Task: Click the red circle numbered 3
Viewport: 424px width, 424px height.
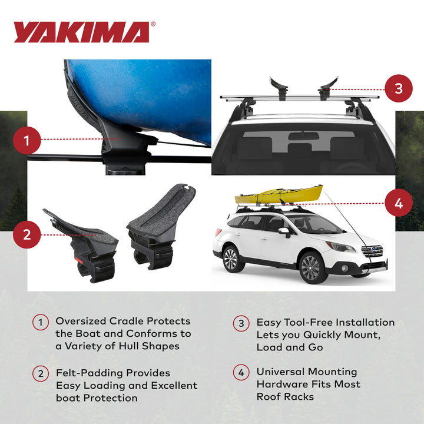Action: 399,89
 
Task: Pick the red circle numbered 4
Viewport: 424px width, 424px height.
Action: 399,204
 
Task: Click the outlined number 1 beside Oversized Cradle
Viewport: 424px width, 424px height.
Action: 41,322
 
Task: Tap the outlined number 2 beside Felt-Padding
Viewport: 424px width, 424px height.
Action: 41,373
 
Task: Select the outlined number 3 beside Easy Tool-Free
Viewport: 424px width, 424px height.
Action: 241,323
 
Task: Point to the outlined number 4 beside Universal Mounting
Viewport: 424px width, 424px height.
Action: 241,373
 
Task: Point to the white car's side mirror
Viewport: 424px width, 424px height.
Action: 284,231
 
